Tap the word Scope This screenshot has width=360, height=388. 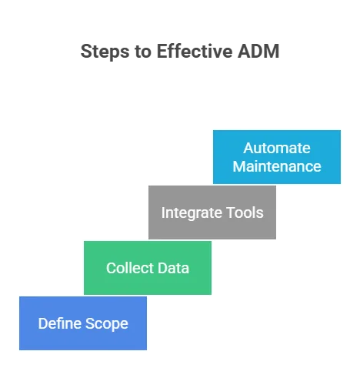(x=107, y=323)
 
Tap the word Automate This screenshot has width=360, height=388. (x=277, y=148)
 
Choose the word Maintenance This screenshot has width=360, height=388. (x=277, y=166)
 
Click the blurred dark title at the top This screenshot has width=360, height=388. (x=182, y=52)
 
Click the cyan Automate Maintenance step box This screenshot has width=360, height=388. (x=277, y=157)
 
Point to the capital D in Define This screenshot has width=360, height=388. (x=42, y=323)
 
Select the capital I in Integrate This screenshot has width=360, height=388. (x=163, y=212)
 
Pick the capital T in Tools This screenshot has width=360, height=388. (x=230, y=212)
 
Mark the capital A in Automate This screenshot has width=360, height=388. (x=248, y=148)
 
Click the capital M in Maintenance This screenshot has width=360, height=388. (x=238, y=166)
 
